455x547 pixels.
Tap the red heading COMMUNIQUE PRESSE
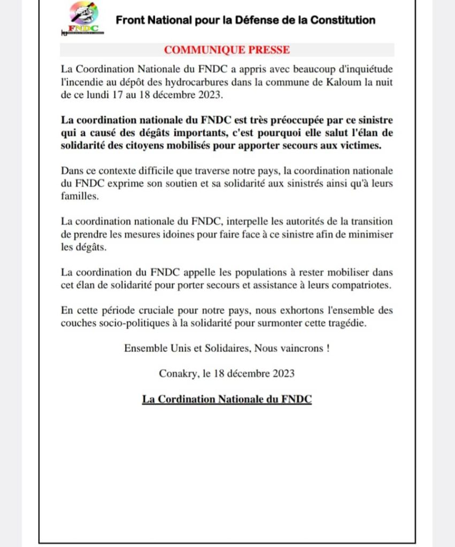[x=227, y=50]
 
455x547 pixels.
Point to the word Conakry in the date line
[x=178, y=374]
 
